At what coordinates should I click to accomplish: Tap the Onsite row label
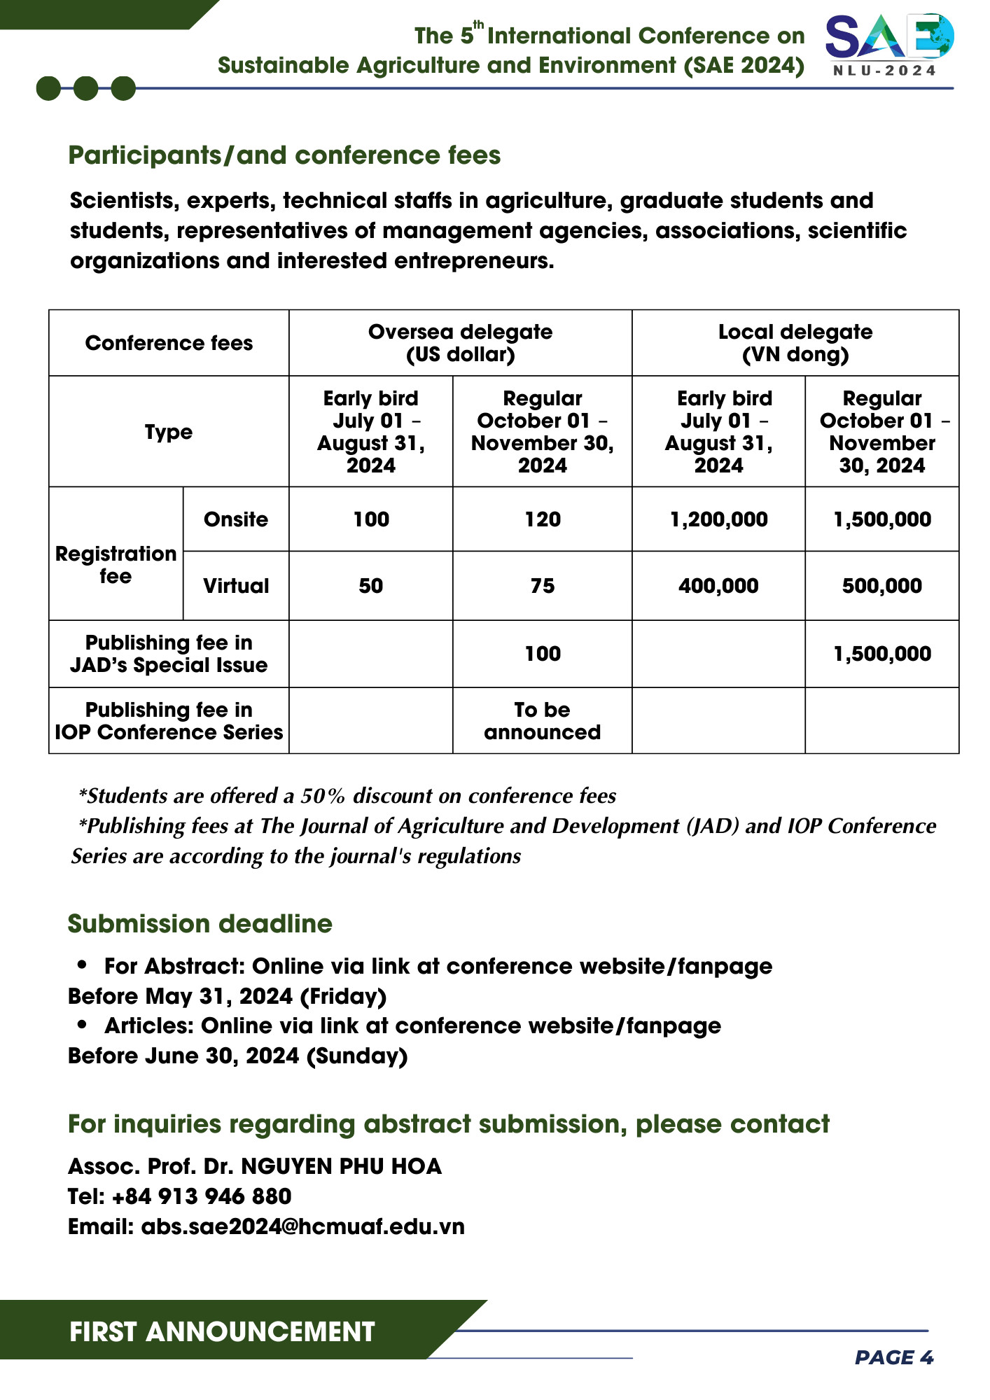[236, 519]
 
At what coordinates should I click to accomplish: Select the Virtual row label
[236, 586]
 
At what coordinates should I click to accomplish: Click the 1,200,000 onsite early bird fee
[718, 519]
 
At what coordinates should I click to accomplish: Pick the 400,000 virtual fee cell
[718, 586]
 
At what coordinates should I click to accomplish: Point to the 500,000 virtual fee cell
[881, 586]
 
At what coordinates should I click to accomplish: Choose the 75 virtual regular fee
[543, 586]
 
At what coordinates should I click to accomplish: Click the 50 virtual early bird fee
[371, 586]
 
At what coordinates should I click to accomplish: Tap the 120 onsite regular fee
[543, 519]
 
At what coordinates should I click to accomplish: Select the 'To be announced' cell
[543, 721]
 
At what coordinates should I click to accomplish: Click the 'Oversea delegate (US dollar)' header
[460, 343]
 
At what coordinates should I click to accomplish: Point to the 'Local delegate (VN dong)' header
[795, 343]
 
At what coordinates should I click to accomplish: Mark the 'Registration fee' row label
[116, 565]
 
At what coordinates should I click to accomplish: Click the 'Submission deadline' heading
[200, 924]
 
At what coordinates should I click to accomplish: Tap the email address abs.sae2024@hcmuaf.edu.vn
[302, 1226]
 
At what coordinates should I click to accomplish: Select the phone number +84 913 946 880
[202, 1196]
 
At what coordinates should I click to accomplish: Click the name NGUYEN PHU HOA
[341, 1166]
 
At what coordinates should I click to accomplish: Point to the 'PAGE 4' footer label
[894, 1358]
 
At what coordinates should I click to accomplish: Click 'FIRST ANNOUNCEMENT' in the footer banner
[222, 1331]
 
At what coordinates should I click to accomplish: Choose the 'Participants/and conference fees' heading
[284, 155]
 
